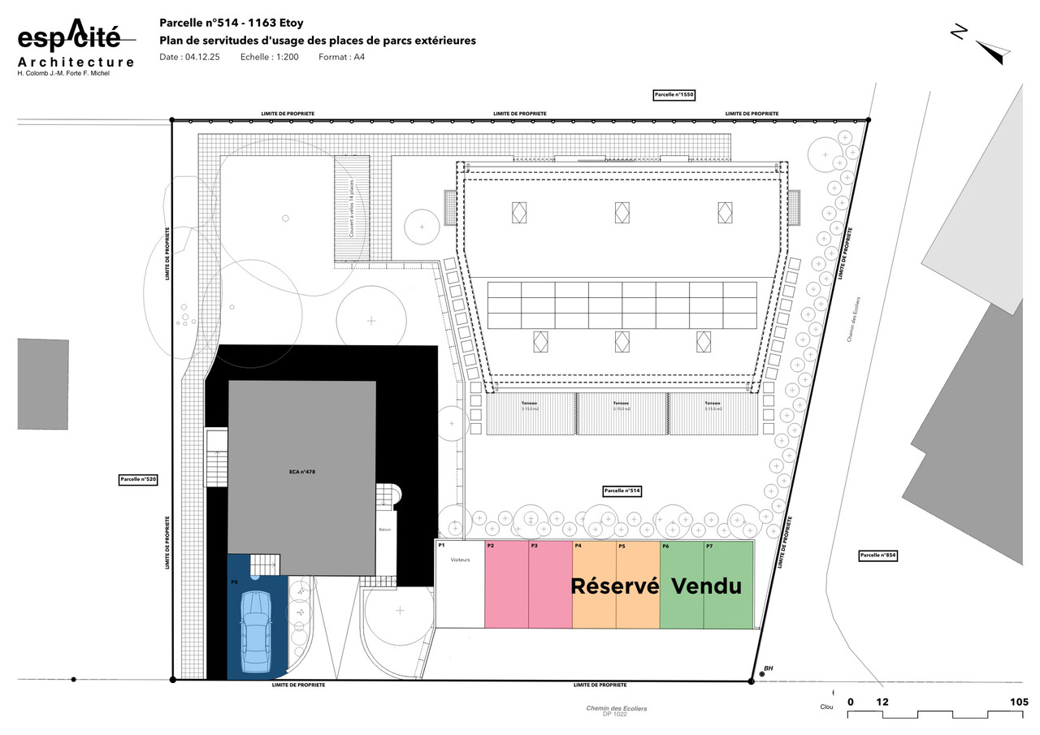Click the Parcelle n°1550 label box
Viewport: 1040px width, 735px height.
tap(674, 95)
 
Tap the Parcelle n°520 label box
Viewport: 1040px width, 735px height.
tap(138, 480)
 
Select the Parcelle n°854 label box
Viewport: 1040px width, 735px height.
tap(877, 556)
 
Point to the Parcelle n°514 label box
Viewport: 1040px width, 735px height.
tap(622, 491)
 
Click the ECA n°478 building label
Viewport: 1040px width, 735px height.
tap(301, 472)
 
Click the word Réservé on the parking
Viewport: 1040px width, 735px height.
tap(614, 586)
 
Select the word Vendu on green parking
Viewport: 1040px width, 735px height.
tap(707, 586)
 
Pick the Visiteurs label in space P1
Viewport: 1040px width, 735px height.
tap(461, 560)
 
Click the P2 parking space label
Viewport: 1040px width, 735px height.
tap(491, 547)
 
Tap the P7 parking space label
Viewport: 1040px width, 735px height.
tap(709, 547)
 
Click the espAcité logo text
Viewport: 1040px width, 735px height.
tap(69, 37)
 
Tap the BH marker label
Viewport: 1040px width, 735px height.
tap(768, 668)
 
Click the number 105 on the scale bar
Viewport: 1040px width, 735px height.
tap(1019, 702)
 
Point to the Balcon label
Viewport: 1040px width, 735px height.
tap(385, 530)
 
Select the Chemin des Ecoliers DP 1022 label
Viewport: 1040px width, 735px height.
tap(617, 711)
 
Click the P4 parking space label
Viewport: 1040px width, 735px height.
tap(578, 547)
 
